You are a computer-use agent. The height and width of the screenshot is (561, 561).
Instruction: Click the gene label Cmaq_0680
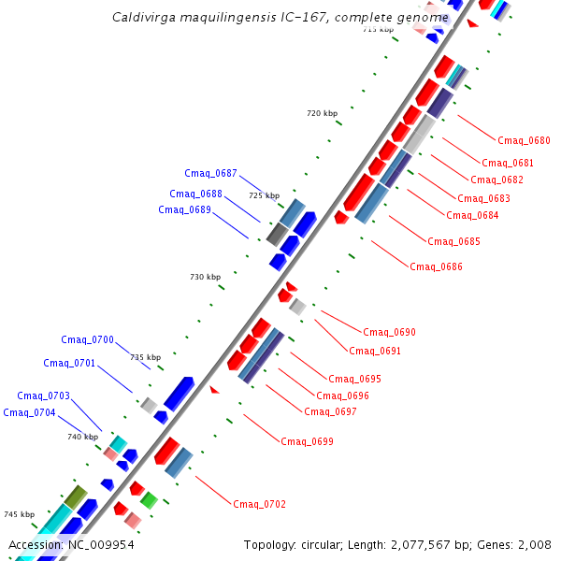(524, 141)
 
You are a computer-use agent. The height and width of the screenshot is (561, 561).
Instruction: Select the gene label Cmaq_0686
(436, 267)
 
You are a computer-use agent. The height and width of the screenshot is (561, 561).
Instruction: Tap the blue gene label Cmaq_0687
(210, 173)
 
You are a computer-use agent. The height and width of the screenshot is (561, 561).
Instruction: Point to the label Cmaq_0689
(184, 209)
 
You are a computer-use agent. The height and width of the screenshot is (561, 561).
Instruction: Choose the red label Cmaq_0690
(389, 333)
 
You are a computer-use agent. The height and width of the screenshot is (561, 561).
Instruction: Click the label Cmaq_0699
(307, 441)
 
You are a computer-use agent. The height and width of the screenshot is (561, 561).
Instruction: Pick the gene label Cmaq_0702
(259, 505)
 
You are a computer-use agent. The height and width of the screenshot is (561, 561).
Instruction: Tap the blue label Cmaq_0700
(87, 340)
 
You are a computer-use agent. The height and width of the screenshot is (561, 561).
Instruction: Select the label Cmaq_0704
(29, 413)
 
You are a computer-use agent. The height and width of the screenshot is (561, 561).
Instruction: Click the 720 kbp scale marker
(322, 113)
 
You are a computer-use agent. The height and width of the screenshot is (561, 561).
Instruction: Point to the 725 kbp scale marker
(264, 195)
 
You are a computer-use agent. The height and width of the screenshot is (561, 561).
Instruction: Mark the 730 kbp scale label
(205, 277)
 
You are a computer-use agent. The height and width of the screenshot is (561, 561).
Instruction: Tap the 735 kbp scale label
(145, 357)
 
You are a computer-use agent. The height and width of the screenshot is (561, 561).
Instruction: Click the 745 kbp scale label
(19, 515)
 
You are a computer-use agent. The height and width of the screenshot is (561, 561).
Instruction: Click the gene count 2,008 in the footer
(535, 544)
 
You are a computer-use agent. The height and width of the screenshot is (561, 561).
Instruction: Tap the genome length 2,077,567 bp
(438, 544)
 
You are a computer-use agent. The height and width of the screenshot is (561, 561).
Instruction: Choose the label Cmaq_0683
(483, 198)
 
